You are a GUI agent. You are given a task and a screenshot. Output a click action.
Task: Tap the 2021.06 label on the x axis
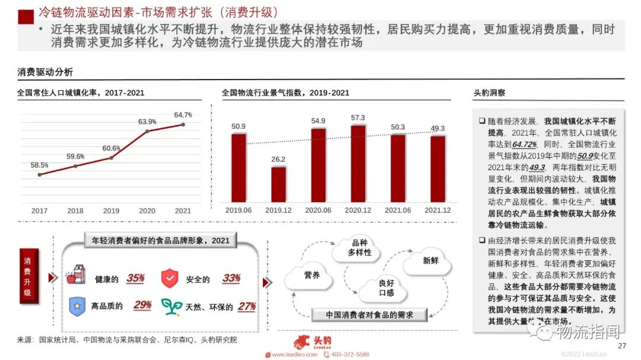pyautogui.click(x=398, y=210)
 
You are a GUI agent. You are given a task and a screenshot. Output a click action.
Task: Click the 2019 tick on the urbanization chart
pyautogui.click(x=111, y=211)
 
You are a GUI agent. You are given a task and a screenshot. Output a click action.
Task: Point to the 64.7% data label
pyautogui.click(x=183, y=114)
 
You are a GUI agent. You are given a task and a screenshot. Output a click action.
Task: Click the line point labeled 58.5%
pyautogui.click(x=40, y=174)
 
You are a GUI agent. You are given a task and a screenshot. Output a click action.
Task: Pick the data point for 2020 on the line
pyautogui.click(x=147, y=130)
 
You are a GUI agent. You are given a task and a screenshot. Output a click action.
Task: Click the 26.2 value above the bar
pyautogui.click(x=278, y=159)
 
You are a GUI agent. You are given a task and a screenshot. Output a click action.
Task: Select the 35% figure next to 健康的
pyautogui.click(x=135, y=278)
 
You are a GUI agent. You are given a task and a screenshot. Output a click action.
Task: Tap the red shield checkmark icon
pyautogui.click(x=170, y=278)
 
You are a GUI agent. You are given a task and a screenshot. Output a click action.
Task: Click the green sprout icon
pyautogui.click(x=172, y=306)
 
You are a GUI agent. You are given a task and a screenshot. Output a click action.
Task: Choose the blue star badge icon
pyautogui.click(x=78, y=306)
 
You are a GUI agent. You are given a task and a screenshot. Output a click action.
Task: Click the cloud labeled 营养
pyautogui.click(x=312, y=276)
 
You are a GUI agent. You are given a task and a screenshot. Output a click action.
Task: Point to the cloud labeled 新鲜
pyautogui.click(x=431, y=261)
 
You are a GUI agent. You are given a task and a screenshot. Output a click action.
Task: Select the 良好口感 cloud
pyautogui.click(x=386, y=288)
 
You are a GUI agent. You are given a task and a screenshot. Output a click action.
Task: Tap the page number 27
pyautogui.click(x=622, y=346)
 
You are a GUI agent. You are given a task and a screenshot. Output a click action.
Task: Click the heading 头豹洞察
pyautogui.click(x=489, y=93)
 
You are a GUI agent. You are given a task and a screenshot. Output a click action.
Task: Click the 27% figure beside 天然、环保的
pyautogui.click(x=246, y=307)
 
